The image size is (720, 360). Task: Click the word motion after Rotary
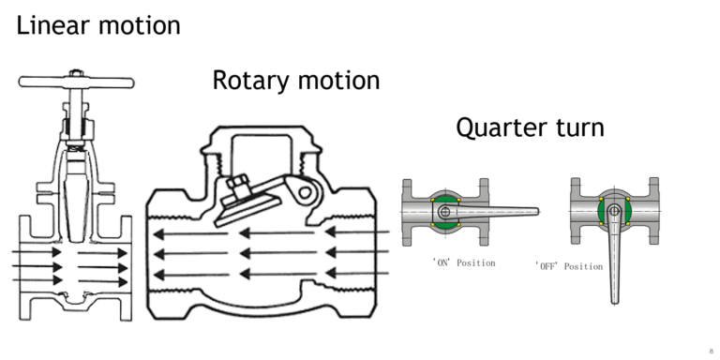(x=337, y=81)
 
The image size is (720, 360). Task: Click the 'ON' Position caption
(x=463, y=262)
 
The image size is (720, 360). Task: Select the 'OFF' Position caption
(x=569, y=266)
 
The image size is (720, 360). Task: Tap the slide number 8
(x=710, y=350)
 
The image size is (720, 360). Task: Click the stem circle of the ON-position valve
(x=445, y=212)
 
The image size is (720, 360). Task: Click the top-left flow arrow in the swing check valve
(x=187, y=233)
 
